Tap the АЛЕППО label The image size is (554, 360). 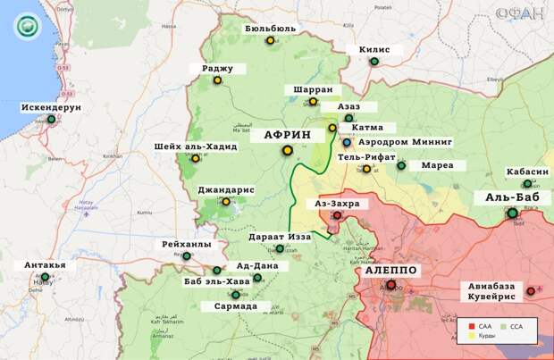390,270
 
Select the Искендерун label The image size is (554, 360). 51,107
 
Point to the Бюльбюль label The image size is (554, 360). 270,29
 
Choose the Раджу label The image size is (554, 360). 217,67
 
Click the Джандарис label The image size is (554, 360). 227,189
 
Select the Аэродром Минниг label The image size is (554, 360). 406,142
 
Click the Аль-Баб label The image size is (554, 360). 510,197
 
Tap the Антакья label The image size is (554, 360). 45,265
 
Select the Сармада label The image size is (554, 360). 236,306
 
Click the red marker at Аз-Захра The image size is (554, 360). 337,215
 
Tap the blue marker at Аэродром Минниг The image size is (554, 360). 347,142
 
